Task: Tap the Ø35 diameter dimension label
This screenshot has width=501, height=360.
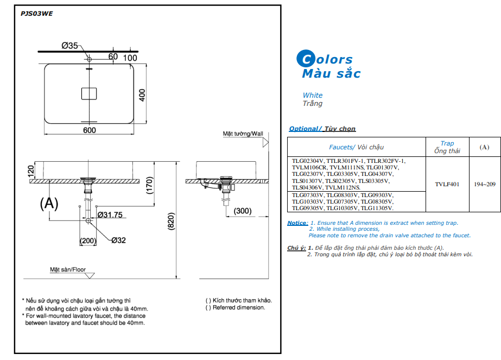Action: pyautogui.click(x=70, y=46)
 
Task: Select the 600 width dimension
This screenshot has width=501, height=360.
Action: pyautogui.click(x=89, y=130)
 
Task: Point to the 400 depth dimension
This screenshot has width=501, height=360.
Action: pyautogui.click(x=143, y=94)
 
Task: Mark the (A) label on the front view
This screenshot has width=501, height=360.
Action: pyautogui.click(x=49, y=204)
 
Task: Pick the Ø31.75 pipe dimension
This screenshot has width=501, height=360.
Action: pyautogui.click(x=110, y=214)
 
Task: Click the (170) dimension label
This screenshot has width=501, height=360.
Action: pyautogui.click(x=149, y=187)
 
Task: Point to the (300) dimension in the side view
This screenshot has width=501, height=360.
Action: pyautogui.click(x=243, y=211)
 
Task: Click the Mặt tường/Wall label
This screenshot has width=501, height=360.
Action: pyautogui.click(x=243, y=134)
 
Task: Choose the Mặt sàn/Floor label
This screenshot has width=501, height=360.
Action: pyautogui.click(x=68, y=269)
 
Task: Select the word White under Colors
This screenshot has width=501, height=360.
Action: pyautogui.click(x=313, y=95)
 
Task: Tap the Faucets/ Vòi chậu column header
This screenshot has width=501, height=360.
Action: pyautogui.click(x=356, y=147)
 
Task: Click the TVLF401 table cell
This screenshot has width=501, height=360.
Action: pyautogui.click(x=447, y=184)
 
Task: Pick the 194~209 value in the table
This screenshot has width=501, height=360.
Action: pyautogui.click(x=484, y=184)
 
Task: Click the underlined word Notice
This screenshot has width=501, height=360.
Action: pyautogui.click(x=297, y=223)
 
